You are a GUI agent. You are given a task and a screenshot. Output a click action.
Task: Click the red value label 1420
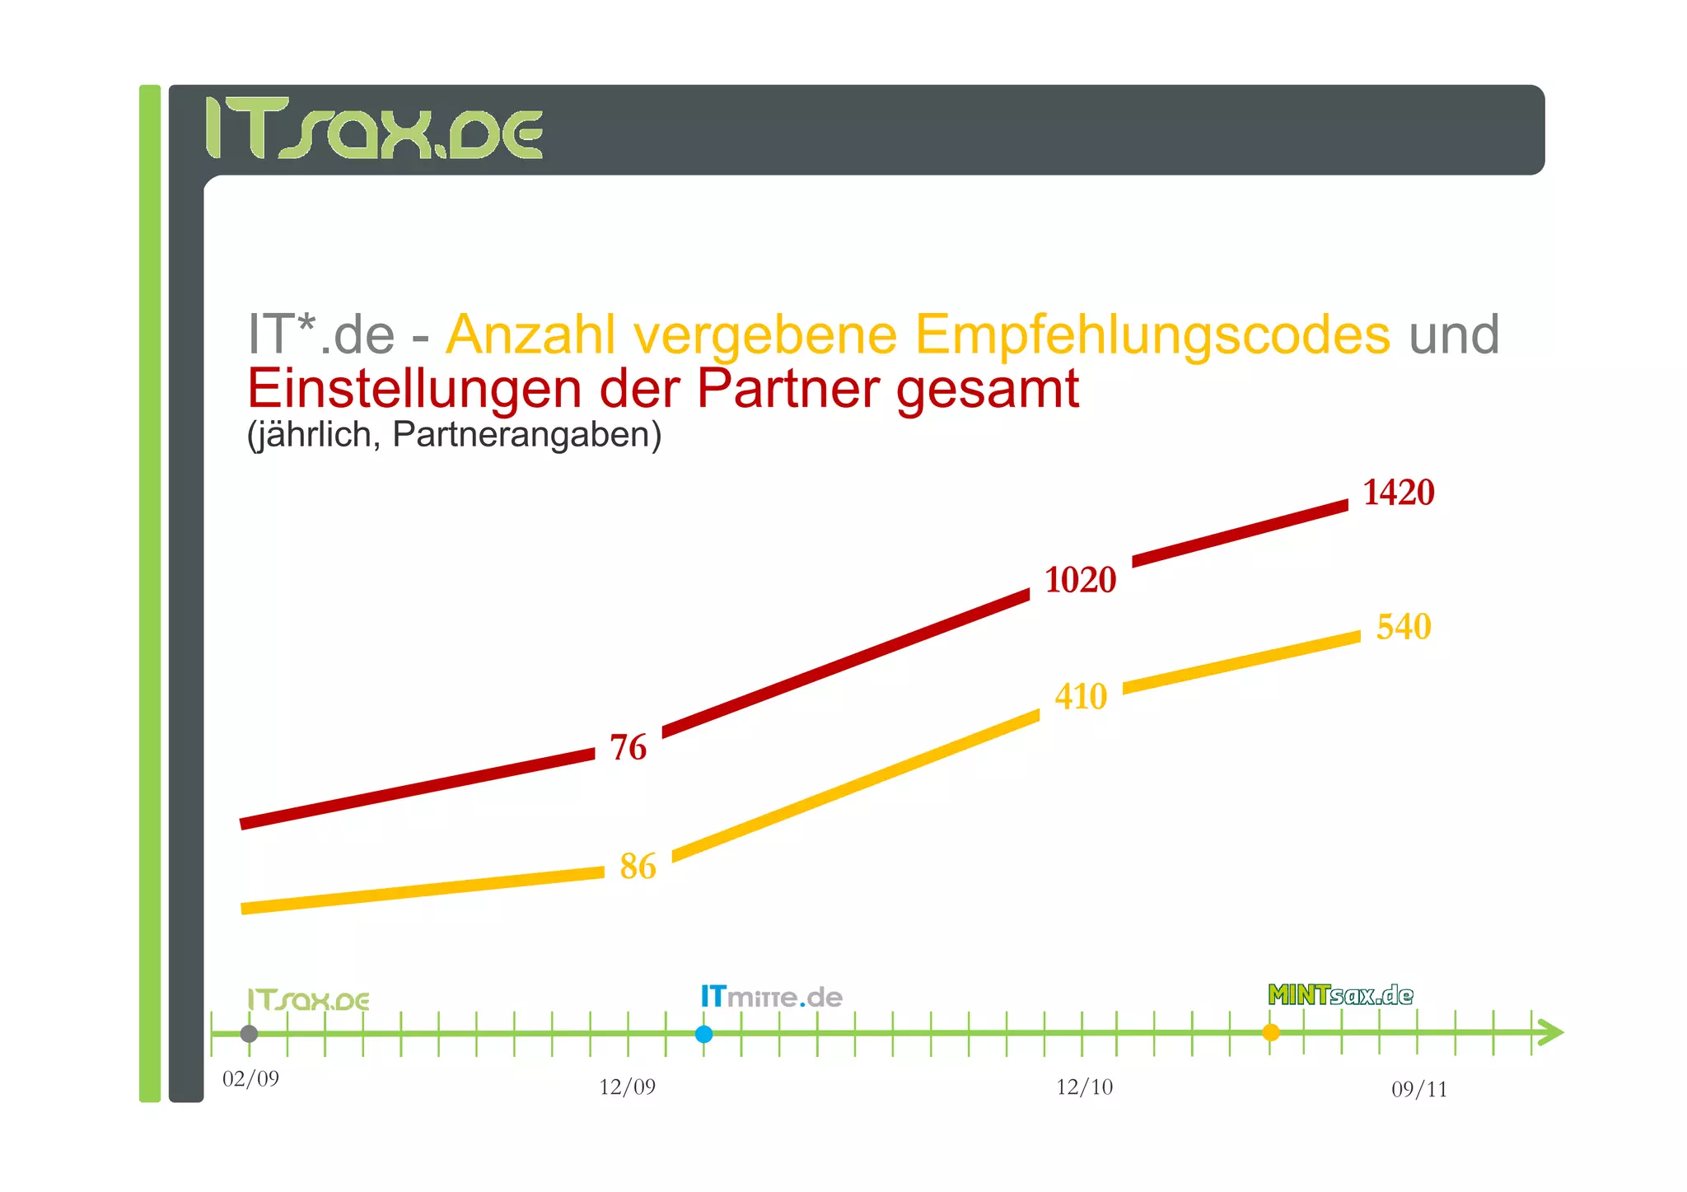(x=1398, y=493)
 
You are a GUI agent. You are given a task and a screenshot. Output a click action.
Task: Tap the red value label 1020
(x=1080, y=580)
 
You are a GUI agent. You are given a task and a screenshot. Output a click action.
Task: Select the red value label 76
(x=628, y=747)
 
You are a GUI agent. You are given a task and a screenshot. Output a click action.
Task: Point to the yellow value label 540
(x=1404, y=627)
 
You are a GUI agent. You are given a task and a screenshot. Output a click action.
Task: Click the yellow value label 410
(x=1081, y=697)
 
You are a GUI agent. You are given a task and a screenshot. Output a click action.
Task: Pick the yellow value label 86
(x=638, y=867)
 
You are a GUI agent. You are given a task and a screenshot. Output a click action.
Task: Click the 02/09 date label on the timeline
(x=250, y=1078)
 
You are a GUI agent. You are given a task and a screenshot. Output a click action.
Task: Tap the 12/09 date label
(x=627, y=1087)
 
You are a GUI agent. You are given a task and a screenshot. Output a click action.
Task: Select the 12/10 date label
(x=1084, y=1087)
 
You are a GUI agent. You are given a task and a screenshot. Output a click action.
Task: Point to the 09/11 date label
(x=1418, y=1089)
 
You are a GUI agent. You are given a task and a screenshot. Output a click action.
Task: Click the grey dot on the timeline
(x=249, y=1033)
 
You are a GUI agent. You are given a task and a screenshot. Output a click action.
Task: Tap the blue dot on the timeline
(x=703, y=1034)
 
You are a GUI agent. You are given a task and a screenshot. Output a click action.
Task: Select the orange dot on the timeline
(x=1271, y=1032)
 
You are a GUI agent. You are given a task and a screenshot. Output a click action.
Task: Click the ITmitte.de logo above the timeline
(x=771, y=997)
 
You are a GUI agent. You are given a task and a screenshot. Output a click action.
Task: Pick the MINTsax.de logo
(x=1340, y=995)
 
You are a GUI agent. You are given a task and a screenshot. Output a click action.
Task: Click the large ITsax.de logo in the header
(x=374, y=129)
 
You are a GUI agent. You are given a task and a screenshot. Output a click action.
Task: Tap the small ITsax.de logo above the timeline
(x=308, y=1000)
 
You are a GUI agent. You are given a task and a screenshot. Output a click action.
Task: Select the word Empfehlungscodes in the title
(x=1152, y=334)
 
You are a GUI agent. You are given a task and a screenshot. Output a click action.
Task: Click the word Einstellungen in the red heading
(x=414, y=388)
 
